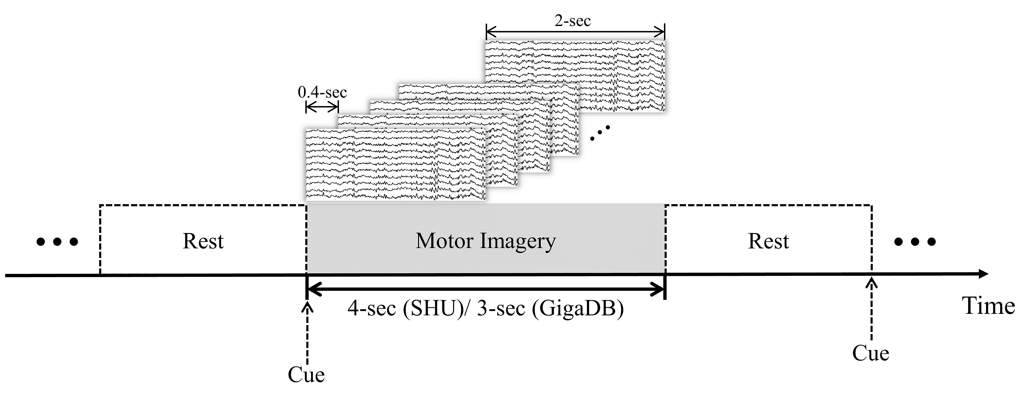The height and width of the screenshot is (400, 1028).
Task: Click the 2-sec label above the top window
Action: pos(573,21)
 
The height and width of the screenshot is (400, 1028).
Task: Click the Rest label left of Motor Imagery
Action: pos(203,241)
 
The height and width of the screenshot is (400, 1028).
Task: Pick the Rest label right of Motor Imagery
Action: pos(768,241)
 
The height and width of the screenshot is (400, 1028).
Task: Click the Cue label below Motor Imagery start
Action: pos(306,374)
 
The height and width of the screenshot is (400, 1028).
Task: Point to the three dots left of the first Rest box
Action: pos(57,242)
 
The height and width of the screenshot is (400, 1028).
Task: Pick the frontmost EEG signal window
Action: pos(395,165)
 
